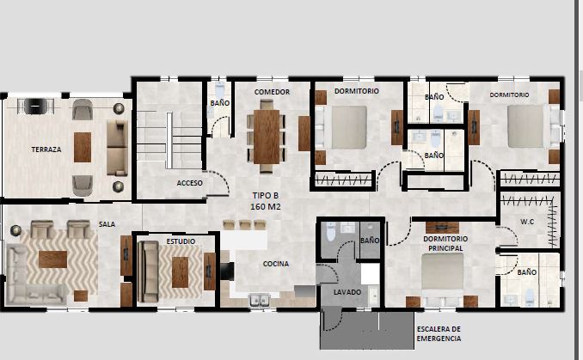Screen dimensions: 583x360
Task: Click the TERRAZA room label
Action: tap(46, 149)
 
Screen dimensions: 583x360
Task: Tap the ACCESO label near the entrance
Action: tap(190, 183)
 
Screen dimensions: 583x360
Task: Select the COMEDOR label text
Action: tap(272, 92)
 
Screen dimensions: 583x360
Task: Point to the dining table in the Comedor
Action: tap(267, 137)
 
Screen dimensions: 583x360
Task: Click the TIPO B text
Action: tap(266, 195)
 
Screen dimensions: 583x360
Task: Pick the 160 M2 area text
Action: tap(266, 207)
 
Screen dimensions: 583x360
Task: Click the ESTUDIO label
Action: tap(181, 241)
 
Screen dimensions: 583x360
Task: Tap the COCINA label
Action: tap(276, 264)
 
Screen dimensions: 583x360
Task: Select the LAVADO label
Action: tap(347, 292)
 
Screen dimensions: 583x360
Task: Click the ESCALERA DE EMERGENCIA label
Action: tap(439, 333)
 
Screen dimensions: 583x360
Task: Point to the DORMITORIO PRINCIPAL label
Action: tap(445, 243)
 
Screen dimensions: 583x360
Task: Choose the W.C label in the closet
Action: tap(527, 222)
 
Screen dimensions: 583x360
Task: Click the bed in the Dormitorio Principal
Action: tap(443, 276)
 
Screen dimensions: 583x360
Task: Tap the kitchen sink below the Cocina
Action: tap(260, 300)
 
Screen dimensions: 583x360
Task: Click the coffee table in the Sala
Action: tap(52, 259)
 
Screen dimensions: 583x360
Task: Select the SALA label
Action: tap(107, 224)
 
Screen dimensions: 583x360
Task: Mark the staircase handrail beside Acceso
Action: tap(169, 140)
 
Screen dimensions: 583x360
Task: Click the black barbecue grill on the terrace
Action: tap(35, 107)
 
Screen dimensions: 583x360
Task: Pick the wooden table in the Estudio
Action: tap(180, 272)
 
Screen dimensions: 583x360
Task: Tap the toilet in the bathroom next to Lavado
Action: tap(331, 231)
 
